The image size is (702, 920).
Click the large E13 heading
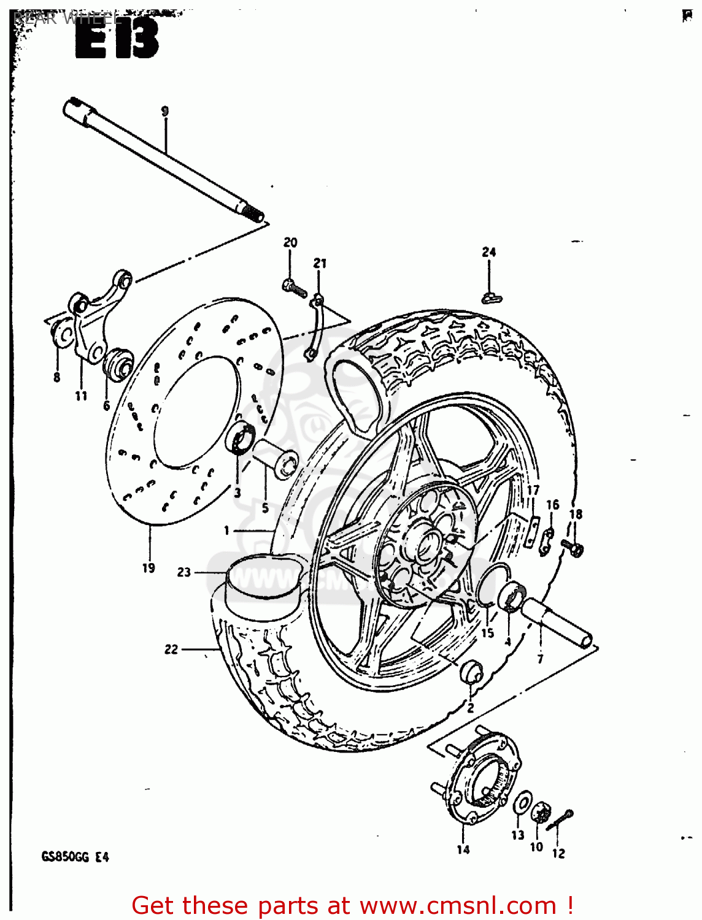tap(117, 39)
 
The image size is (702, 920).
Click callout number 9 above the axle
tap(164, 111)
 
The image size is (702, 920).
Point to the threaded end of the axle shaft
tap(252, 213)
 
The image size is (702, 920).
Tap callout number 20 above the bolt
tap(290, 242)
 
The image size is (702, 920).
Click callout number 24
tap(488, 251)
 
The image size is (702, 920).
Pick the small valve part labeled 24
tap(491, 298)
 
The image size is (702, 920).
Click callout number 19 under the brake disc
tap(148, 568)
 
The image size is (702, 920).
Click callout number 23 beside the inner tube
tap(184, 572)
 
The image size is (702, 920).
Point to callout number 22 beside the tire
tap(171, 649)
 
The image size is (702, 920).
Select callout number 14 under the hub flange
tap(463, 849)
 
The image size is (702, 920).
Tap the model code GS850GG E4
tap(75, 857)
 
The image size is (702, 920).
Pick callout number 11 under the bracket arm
tap(81, 396)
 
